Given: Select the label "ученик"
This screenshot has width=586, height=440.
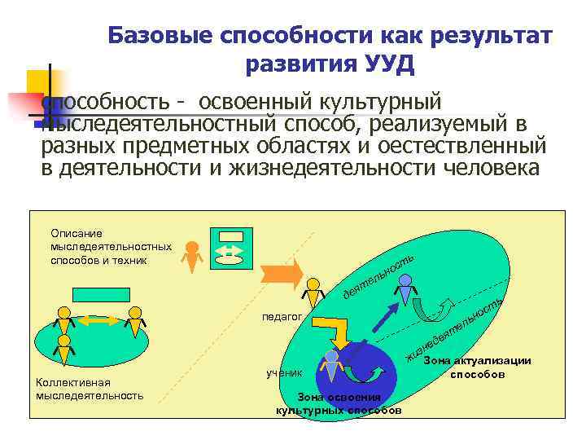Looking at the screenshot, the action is click(x=284, y=372).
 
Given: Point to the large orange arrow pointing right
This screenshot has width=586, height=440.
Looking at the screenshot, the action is click(x=277, y=274).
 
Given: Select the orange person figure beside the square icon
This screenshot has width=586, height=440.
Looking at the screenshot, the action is click(x=193, y=256).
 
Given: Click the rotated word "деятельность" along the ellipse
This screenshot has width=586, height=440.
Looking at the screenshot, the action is click(x=378, y=273).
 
